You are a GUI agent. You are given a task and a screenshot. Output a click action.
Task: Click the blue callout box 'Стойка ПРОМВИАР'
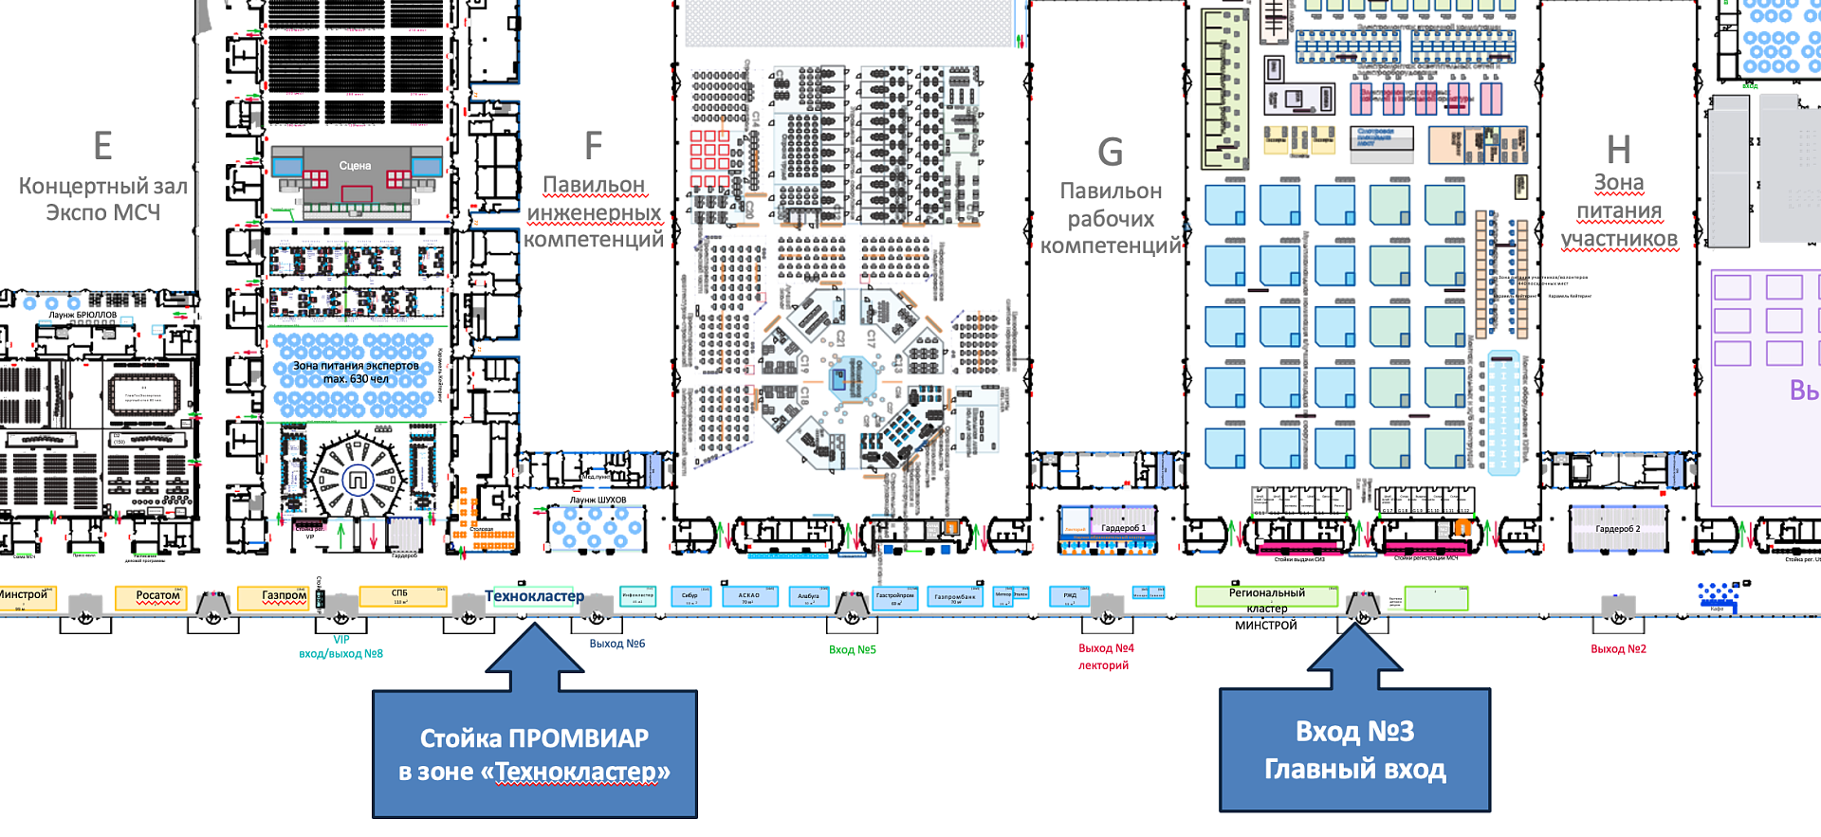(534, 754)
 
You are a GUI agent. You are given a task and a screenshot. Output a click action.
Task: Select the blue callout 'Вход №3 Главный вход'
(1354, 750)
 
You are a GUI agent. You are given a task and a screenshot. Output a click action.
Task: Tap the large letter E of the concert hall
(102, 147)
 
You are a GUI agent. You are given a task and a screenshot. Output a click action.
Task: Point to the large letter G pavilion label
(1110, 153)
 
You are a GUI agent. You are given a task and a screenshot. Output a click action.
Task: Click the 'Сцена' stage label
(356, 166)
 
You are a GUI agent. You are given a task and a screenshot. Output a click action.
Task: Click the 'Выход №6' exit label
(616, 644)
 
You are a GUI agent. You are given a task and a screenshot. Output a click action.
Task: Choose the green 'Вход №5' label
(852, 650)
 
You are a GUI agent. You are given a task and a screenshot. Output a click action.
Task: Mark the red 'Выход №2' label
(1618, 649)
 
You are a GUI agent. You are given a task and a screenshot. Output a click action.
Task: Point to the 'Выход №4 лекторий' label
(1105, 656)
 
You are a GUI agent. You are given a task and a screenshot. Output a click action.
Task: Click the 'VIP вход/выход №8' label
(340, 646)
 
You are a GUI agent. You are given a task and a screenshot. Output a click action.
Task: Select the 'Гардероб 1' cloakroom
(1123, 528)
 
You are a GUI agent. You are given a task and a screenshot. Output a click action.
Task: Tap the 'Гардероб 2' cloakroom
(1617, 529)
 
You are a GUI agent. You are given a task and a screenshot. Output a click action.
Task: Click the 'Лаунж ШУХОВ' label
(598, 500)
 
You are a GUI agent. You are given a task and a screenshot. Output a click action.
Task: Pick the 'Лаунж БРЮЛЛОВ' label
(83, 315)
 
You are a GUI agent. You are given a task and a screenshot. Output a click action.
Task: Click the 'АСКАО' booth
(749, 597)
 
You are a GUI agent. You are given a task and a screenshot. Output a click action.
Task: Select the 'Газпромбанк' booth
(954, 597)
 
